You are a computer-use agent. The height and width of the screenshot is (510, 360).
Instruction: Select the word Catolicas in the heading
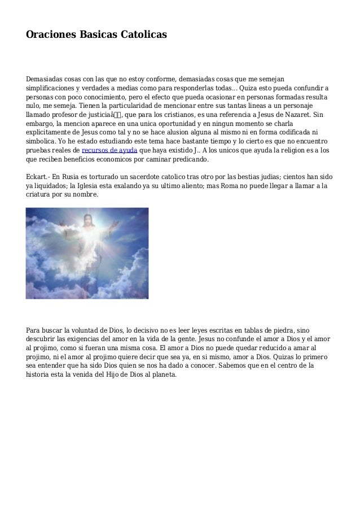pos(143,34)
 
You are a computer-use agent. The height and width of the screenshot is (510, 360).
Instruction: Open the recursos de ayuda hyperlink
pos(109,150)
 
